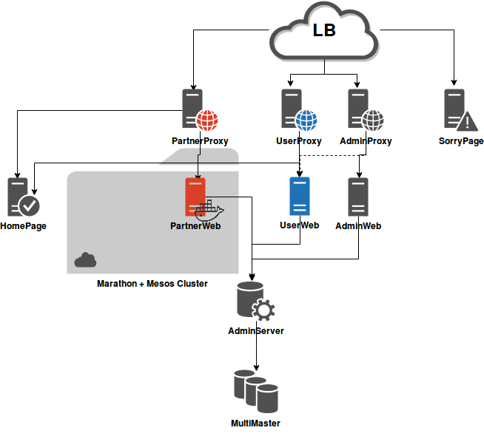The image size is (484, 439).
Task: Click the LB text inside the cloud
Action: pyautogui.click(x=324, y=31)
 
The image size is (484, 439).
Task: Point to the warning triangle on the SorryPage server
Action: pyautogui.click(x=468, y=121)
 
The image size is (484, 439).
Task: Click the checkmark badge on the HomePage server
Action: pyautogui.click(x=30, y=205)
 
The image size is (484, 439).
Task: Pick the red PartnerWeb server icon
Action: pyautogui.click(x=195, y=195)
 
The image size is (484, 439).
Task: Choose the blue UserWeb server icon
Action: pyautogui.click(x=299, y=196)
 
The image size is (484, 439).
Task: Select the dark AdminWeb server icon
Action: pyautogui.click(x=358, y=197)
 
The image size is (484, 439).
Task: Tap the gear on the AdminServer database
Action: pyautogui.click(x=263, y=310)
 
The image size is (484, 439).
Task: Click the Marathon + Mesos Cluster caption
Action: pyautogui.click(x=152, y=284)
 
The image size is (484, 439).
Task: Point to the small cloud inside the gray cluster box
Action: pyautogui.click(x=85, y=259)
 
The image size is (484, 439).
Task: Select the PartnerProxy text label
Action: pyautogui.click(x=200, y=140)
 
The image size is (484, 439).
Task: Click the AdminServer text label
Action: pyautogui.click(x=256, y=331)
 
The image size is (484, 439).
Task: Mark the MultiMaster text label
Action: pyautogui.click(x=255, y=423)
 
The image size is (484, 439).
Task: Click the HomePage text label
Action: pyautogui.click(x=23, y=226)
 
